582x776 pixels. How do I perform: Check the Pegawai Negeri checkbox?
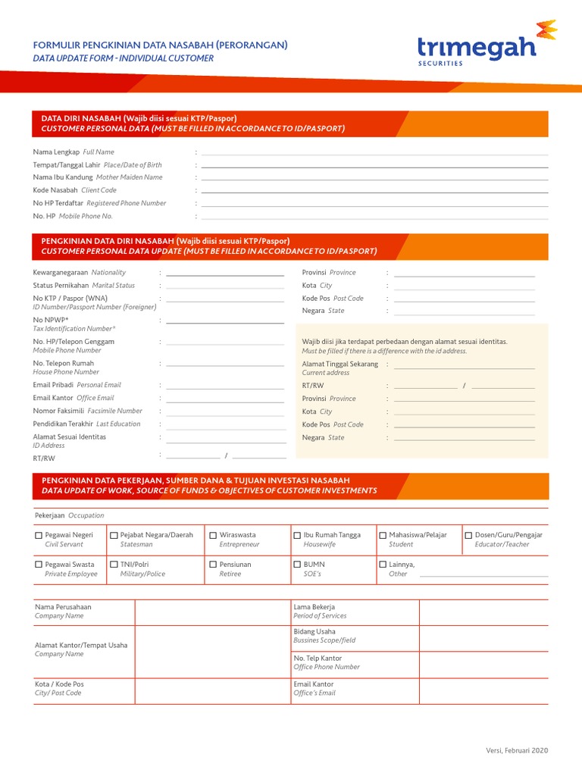point(39,536)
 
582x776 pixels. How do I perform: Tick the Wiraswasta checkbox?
point(213,536)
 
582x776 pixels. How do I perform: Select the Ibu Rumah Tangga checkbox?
point(297,536)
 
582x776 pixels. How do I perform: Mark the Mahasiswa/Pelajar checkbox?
point(383,536)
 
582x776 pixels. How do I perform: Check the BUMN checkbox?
point(297,565)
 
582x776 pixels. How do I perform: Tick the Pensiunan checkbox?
point(213,565)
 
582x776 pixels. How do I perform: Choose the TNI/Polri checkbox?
point(114,565)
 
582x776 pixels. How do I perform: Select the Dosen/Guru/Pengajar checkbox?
point(468,536)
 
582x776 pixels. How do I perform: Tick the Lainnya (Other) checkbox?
point(383,565)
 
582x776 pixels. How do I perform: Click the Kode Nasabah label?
point(55,190)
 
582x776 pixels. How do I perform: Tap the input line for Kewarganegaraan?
point(225,273)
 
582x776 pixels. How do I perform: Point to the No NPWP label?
point(51,320)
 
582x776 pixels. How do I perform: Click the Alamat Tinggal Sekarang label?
point(339,364)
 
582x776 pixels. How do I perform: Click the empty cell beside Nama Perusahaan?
point(211,612)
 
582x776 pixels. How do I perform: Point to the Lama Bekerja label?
point(314,607)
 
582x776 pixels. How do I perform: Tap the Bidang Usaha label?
point(314,631)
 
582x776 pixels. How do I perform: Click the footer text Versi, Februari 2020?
point(517,750)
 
